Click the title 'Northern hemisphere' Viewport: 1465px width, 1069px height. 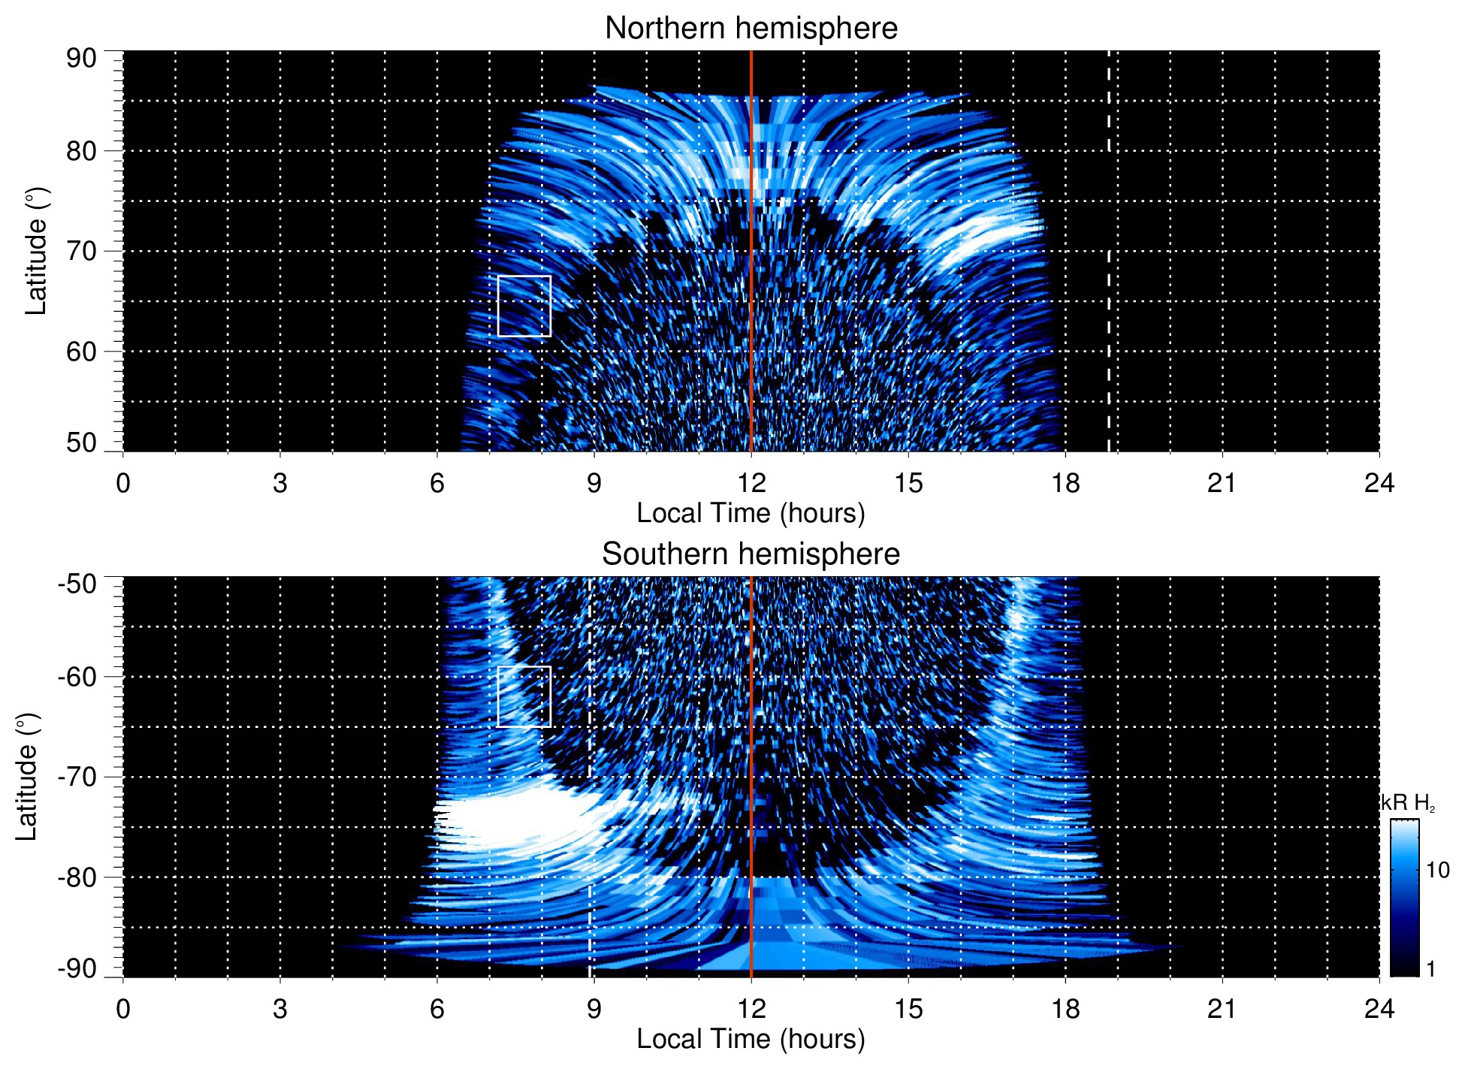pyautogui.click(x=751, y=29)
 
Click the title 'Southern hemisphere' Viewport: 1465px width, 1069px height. pyautogui.click(x=751, y=554)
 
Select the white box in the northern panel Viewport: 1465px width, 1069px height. pyautogui.click(x=524, y=306)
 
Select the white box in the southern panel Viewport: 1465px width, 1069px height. pyautogui.click(x=524, y=696)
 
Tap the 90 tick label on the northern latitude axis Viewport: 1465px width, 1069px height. pyautogui.click(x=81, y=59)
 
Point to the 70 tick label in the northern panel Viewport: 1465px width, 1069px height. pyautogui.click(x=81, y=251)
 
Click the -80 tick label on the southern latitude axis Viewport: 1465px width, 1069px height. pyautogui.click(x=77, y=877)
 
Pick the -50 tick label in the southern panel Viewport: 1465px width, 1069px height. pyautogui.click(x=77, y=584)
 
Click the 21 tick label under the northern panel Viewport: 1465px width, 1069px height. pyautogui.click(x=1222, y=483)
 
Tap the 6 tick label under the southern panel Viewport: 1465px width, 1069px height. pyautogui.click(x=436, y=1009)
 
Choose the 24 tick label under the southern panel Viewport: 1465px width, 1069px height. pyautogui.click(x=1379, y=1009)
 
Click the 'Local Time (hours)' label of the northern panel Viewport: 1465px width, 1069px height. pyautogui.click(x=751, y=513)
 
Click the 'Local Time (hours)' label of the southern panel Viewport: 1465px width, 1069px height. pyautogui.click(x=751, y=1039)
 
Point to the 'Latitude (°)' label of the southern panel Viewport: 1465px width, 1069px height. pyautogui.click(x=26, y=777)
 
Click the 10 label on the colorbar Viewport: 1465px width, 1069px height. pyautogui.click(x=1437, y=870)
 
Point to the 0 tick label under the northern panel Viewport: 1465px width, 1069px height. pyautogui.click(x=123, y=483)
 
